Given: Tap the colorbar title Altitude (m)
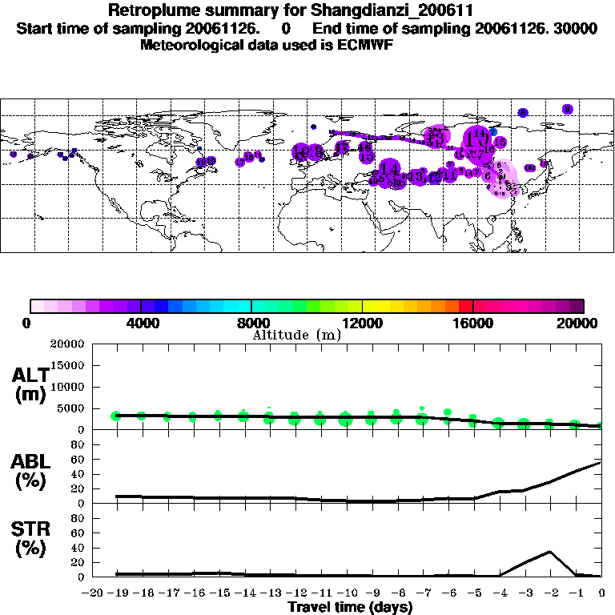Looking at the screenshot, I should click(296, 335).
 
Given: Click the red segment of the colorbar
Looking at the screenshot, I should click(467, 305).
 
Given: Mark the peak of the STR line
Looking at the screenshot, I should click(549, 551).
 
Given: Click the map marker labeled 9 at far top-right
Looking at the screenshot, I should click(567, 109).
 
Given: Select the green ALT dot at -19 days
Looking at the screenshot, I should click(116, 416).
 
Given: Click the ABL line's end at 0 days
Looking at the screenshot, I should click(601, 462).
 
